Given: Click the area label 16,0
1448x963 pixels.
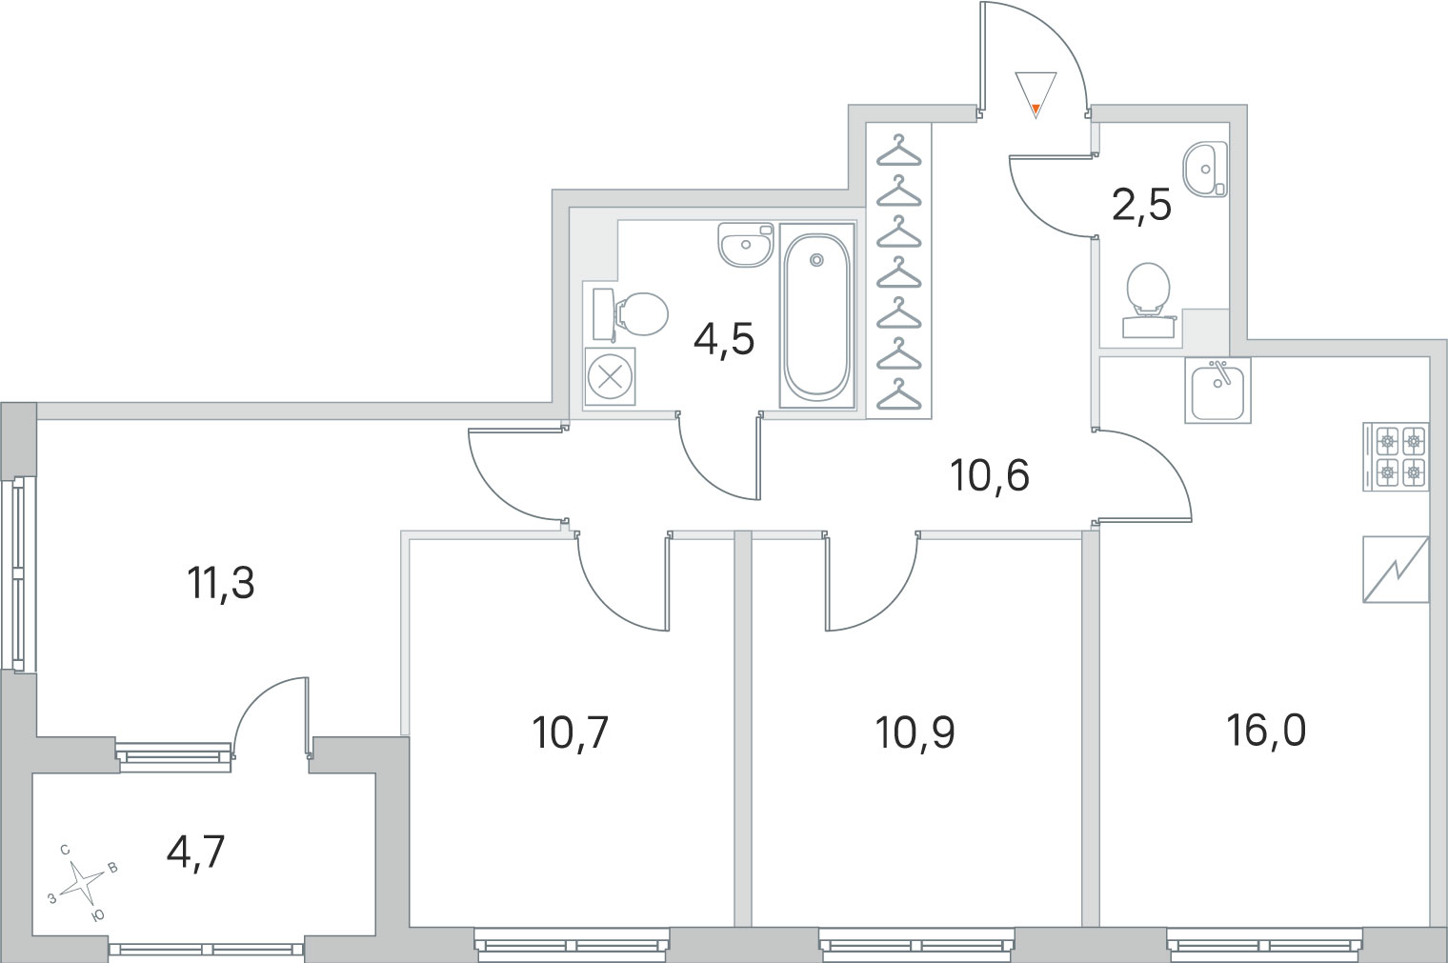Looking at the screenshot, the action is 1266,732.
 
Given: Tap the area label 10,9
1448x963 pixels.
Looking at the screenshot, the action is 915,733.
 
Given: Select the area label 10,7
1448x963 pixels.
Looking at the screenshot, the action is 571,733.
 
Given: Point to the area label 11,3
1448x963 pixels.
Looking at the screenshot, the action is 220,583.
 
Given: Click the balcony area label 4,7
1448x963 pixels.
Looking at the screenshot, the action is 195,853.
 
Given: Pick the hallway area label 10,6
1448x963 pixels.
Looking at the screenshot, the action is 990,476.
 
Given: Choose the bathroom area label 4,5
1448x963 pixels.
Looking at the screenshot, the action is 724,340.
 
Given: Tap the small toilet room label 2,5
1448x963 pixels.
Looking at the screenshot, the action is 1141,207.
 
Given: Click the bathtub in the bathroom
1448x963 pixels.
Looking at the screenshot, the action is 816,316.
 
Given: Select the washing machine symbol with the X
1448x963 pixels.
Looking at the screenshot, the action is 610,377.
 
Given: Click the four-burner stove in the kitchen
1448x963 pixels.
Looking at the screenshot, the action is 1396,456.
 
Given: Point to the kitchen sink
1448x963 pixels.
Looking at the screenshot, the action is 1217,391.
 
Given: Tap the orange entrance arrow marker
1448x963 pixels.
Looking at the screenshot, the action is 1036,109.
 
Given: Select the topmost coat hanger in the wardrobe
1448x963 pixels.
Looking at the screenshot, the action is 898,150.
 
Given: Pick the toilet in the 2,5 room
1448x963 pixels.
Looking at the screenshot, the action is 1148,299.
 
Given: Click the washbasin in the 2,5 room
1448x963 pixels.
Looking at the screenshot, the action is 1205,170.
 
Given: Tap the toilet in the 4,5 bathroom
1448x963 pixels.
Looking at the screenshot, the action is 631,314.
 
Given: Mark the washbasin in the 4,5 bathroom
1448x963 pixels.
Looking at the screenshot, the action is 745,245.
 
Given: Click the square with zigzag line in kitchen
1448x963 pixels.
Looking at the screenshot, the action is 1396,570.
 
